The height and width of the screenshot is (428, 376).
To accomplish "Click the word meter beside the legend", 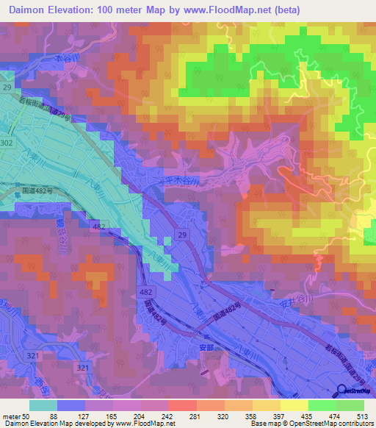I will pyautogui.click(x=10, y=416).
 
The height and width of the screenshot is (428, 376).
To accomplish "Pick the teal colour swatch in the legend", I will pyautogui.click(x=43, y=405).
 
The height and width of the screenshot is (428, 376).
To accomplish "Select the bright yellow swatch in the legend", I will pyautogui.click(x=294, y=405).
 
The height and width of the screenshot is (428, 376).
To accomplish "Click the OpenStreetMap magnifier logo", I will pyautogui.click(x=343, y=392).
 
